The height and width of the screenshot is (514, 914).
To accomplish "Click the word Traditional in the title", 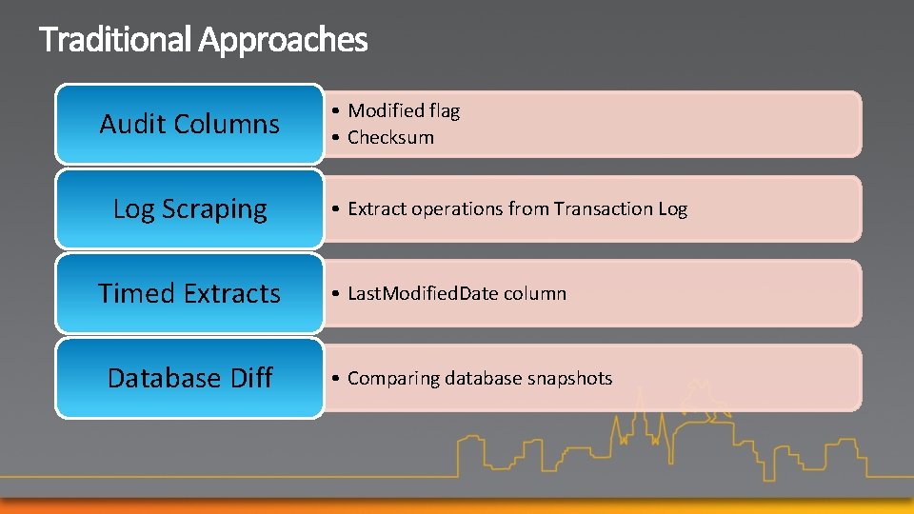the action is click(115, 40).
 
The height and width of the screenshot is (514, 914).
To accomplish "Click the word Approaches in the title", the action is click(283, 40).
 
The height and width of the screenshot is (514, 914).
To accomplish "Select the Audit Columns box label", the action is click(189, 124).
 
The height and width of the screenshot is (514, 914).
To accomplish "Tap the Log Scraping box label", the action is click(189, 208).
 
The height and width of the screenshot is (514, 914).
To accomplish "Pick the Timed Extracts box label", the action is click(189, 293).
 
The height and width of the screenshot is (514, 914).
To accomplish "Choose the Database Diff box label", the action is click(189, 378).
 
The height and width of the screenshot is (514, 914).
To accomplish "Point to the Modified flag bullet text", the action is click(404, 111).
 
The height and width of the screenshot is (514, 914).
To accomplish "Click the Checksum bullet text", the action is click(390, 137).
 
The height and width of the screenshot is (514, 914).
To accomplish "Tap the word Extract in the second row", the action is click(376, 208).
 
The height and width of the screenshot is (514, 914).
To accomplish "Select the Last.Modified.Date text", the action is click(423, 293).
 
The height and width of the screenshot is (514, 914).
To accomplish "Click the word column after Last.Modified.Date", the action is click(535, 293).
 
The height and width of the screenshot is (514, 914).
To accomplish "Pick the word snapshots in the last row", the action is click(568, 378).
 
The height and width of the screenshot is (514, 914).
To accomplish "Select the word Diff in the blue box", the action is click(251, 378).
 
